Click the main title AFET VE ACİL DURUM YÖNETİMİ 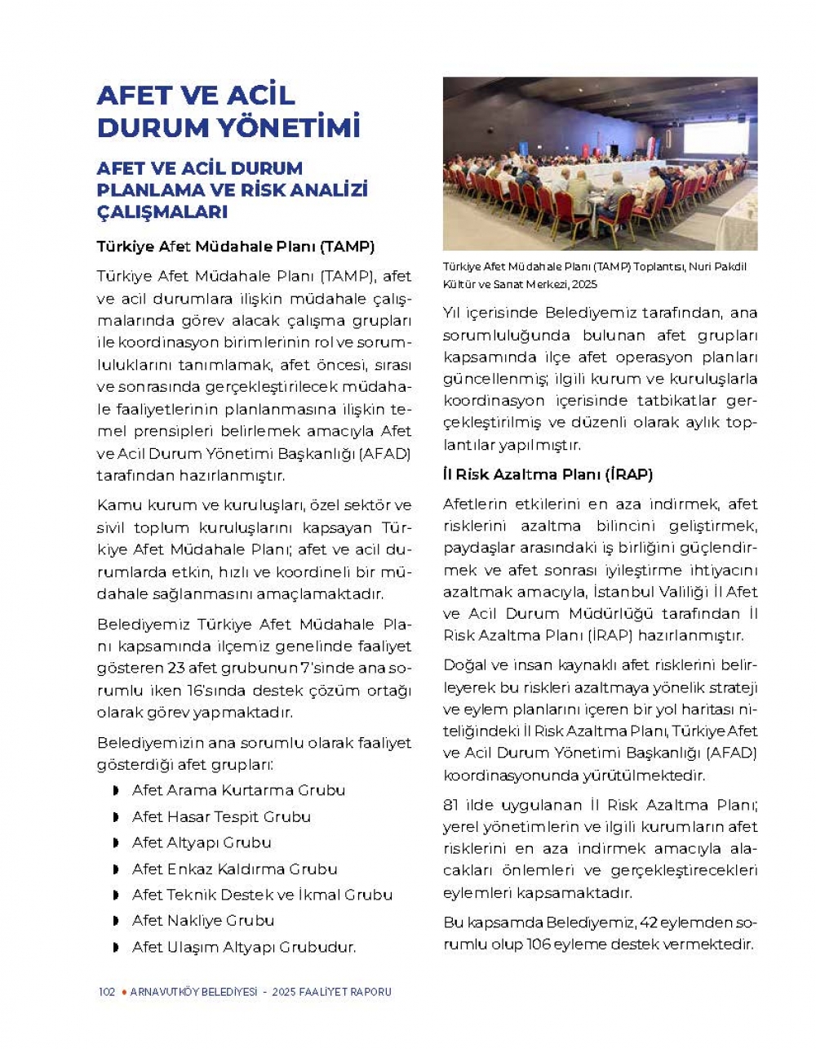click(228, 111)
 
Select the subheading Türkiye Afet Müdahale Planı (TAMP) click(235, 246)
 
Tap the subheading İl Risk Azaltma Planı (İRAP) click(548, 474)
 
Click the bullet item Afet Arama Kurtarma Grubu click(238, 790)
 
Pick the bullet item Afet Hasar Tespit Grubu click(221, 816)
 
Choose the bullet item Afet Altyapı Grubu click(202, 842)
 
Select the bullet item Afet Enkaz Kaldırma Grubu click(234, 869)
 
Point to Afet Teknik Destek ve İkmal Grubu click(262, 895)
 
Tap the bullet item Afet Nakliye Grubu click(203, 921)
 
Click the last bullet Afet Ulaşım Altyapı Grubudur click(244, 948)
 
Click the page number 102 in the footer click(106, 992)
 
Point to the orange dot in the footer click(123, 992)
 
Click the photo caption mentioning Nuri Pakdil click(594, 275)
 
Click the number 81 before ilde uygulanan click(451, 805)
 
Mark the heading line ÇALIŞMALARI click(162, 212)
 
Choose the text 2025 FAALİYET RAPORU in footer click(332, 992)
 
